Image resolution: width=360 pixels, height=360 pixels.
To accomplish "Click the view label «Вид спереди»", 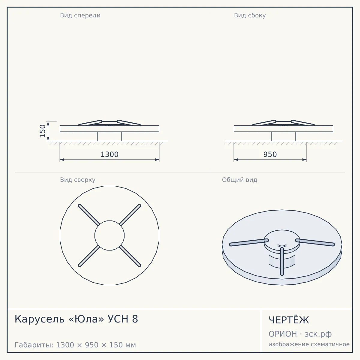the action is pyautogui.click(x=80, y=15).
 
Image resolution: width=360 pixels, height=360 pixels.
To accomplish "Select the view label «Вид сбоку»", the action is pyautogui.click(x=250, y=15).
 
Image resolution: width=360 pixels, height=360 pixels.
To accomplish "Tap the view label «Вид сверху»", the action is pyautogui.click(x=77, y=180).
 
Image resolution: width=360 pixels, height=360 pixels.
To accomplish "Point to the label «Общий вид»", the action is pyautogui.click(x=239, y=180).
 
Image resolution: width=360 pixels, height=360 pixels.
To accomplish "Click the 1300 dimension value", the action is pyautogui.click(x=109, y=154).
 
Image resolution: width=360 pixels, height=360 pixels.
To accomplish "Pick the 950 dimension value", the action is pyautogui.click(x=270, y=154).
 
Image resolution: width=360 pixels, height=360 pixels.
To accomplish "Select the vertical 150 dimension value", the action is pyautogui.click(x=43, y=131).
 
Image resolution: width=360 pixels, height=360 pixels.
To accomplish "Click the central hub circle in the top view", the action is pyautogui.click(x=109, y=235).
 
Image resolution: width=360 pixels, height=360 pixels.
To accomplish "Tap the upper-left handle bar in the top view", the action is pyautogui.click(x=89, y=215).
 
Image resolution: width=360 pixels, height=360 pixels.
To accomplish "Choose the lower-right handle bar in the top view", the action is pyautogui.click(x=130, y=256).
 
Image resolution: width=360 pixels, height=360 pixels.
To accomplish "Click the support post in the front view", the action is pyautogui.click(x=109, y=136).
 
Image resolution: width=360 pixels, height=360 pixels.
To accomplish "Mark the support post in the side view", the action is pyautogui.click(x=283, y=136).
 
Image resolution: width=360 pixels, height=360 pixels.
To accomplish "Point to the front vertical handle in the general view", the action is pyautogui.click(x=282, y=261).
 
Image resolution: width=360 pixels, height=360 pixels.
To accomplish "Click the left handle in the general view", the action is pyautogui.click(x=249, y=242).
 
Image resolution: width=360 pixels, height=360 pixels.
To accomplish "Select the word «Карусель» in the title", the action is pyautogui.click(x=40, y=319).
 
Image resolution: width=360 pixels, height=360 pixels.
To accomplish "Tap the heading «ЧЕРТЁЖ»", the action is pyautogui.click(x=289, y=320).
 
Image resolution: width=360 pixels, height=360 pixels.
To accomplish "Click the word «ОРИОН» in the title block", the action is pyautogui.click(x=283, y=334).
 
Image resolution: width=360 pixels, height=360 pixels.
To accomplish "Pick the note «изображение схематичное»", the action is pyautogui.click(x=309, y=344).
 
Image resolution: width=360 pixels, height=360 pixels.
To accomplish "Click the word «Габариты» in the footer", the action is pyautogui.click(x=34, y=345).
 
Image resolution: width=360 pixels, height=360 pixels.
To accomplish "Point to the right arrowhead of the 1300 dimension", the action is pyautogui.click(x=157, y=160).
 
